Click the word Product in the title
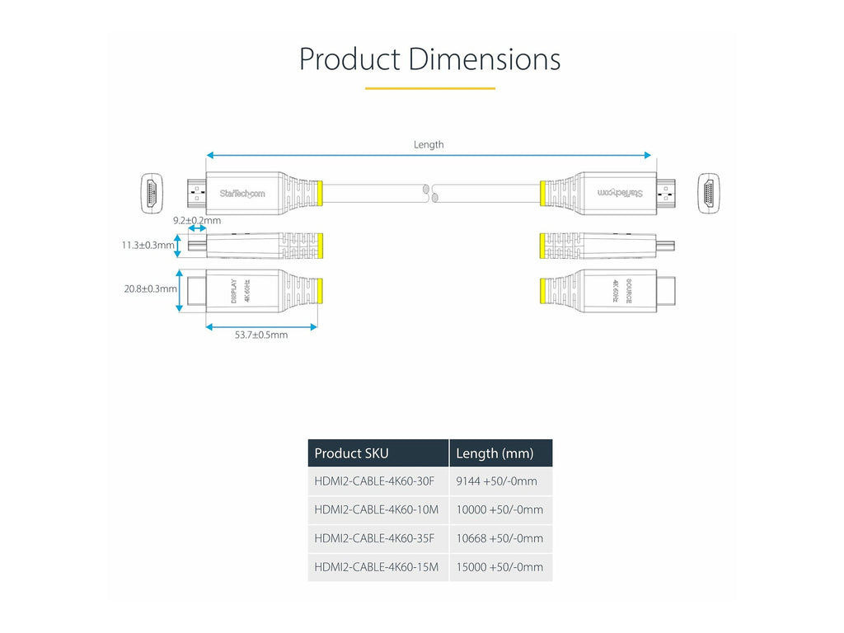tap(349, 59)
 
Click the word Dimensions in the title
tap(485, 59)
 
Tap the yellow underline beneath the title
tap(430, 88)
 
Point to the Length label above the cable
tap(429, 144)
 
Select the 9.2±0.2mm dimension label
tap(197, 220)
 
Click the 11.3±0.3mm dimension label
tap(148, 245)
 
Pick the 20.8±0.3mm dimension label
tap(150, 288)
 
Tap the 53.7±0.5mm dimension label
tap(261, 335)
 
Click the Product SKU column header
tap(351, 453)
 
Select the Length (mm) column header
tap(495, 453)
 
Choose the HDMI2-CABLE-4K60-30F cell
tap(374, 481)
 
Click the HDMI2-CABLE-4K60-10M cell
tap(376, 509)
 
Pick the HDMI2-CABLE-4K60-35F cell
tap(374, 538)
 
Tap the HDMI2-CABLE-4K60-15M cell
tap(376, 567)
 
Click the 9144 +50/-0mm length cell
tap(496, 481)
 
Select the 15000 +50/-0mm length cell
tap(499, 567)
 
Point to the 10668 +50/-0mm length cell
tap(499, 538)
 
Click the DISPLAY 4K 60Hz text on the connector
tap(241, 291)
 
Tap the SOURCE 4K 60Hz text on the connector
tap(621, 291)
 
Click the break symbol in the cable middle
tap(430, 193)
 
